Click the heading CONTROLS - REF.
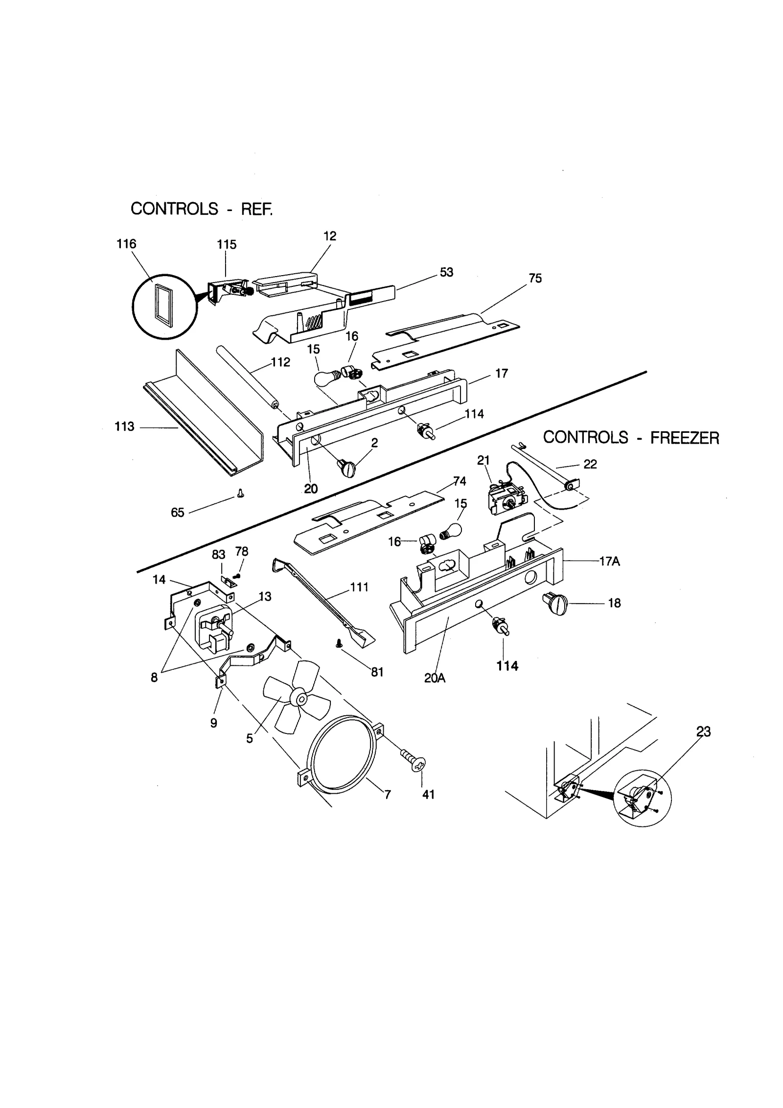point(201,209)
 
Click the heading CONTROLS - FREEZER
point(631,437)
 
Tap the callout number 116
point(126,244)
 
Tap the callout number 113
point(124,426)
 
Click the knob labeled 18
point(555,603)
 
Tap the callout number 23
point(703,731)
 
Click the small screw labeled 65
point(240,493)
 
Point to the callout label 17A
point(609,561)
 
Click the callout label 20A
point(435,679)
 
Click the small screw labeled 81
point(338,645)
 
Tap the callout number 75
point(535,278)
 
